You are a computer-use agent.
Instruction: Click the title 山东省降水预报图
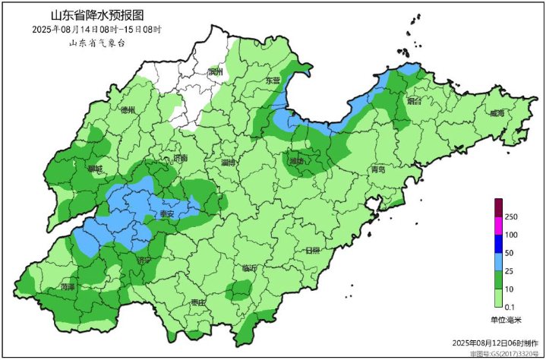point(96,15)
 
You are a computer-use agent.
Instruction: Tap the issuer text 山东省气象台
point(96,43)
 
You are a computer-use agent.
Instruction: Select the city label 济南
point(180,158)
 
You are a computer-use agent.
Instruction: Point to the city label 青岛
point(377,170)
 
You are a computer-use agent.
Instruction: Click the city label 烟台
point(414,100)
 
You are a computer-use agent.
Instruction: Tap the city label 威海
point(497,113)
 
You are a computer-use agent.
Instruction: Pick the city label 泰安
point(166,215)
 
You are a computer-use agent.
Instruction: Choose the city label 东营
point(272,81)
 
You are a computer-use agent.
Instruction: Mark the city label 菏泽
point(68,287)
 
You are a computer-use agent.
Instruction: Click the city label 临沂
point(249,268)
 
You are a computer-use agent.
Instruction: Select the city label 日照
point(311,250)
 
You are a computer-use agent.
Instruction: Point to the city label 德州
point(128,110)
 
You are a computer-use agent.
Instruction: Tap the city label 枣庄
point(198,302)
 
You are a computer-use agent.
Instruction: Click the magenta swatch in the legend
point(499,225)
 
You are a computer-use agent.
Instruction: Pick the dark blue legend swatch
point(499,243)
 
